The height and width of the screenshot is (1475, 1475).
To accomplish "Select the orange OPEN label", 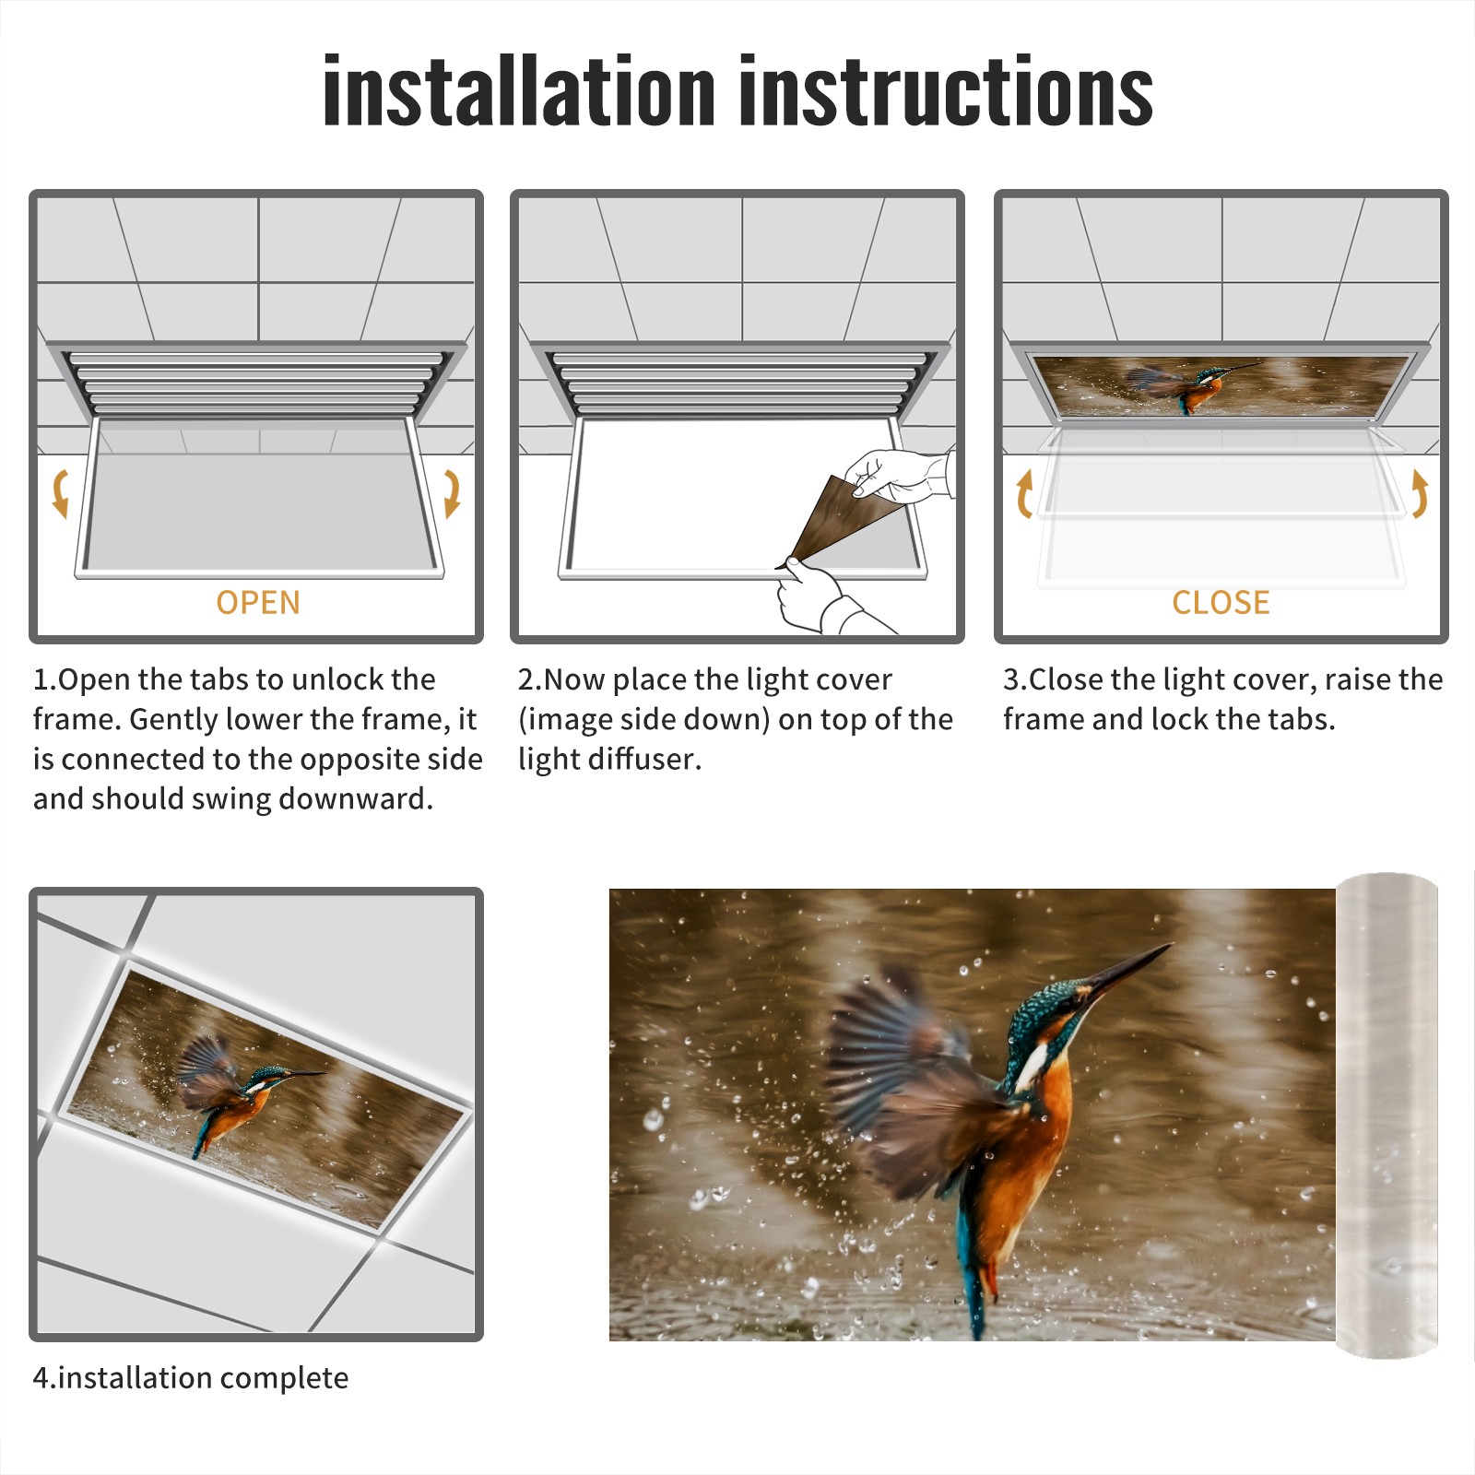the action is pos(258,603).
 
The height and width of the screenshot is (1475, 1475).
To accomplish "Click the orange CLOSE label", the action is pos(1221,603).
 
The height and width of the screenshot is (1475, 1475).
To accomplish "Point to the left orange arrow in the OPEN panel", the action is pos(60,493).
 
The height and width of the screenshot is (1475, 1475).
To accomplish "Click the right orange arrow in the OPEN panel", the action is pos(452,493).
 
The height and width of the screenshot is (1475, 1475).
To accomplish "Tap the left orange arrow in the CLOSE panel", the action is pos(1023,493).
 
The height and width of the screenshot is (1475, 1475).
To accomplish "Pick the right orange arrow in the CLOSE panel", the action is pos(1420,493).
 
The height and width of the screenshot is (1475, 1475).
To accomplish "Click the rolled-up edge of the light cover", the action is pos(1386,1115).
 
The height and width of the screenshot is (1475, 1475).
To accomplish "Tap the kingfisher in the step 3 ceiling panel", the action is pos(1189,383).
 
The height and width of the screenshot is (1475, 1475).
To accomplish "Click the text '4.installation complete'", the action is pos(191,1378).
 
